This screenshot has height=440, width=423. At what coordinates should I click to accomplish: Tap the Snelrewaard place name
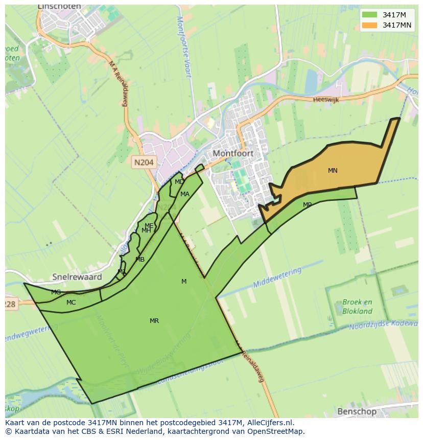point(77,276)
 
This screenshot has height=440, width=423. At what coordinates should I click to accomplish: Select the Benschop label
point(357,411)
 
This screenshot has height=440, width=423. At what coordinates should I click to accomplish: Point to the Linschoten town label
point(59,7)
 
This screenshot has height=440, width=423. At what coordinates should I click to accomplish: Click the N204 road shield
point(144,163)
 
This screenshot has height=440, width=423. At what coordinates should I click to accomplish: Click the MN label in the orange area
point(333,171)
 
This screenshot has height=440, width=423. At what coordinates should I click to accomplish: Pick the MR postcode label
point(154,321)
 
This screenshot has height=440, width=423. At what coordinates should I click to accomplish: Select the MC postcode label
point(71,303)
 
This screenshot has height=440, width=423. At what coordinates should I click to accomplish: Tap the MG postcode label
point(56,292)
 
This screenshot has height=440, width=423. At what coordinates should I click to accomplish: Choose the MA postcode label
point(185,194)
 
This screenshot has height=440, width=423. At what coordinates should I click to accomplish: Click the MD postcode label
point(179,182)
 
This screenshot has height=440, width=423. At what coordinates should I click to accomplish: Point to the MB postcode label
point(140,260)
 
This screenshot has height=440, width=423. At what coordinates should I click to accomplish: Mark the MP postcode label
point(307,205)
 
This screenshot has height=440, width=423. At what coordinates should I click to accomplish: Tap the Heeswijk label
point(326,100)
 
